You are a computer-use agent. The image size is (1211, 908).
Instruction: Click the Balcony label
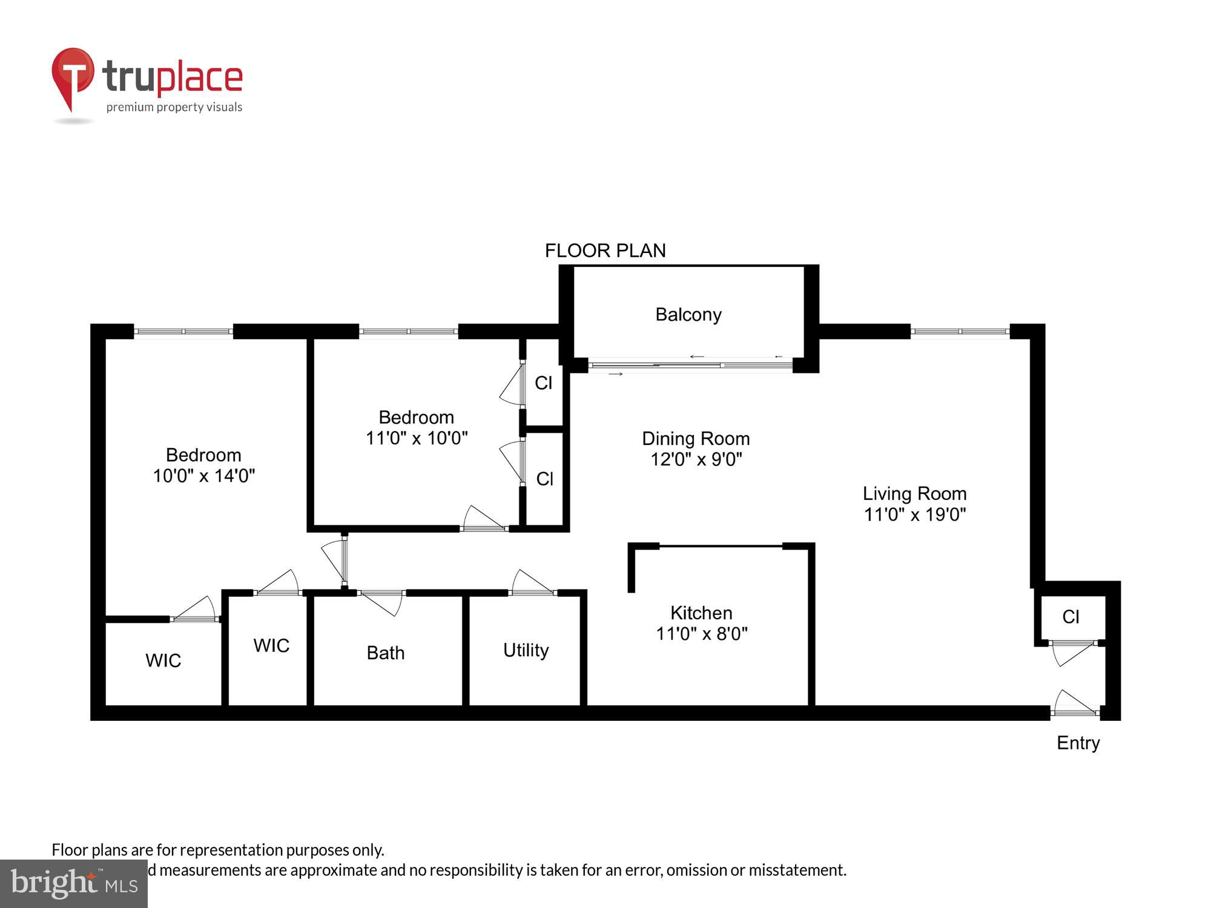coord(688,315)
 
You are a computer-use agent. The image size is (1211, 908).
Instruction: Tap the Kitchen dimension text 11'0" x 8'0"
coord(702,634)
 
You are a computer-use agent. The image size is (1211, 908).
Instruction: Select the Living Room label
coord(914,493)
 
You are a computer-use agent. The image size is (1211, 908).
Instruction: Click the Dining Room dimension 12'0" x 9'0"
coord(696,459)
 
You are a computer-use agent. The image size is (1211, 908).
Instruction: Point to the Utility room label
coord(526,650)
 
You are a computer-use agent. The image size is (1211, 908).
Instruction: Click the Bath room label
coord(386,653)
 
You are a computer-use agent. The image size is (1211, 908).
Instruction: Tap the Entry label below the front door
coord(1078,743)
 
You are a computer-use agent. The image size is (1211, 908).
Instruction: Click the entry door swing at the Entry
coord(1075,703)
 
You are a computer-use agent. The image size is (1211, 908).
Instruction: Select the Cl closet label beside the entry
coord(1071,617)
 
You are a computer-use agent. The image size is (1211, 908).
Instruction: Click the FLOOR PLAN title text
coord(605,251)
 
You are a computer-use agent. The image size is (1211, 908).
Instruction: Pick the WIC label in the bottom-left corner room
coord(163,660)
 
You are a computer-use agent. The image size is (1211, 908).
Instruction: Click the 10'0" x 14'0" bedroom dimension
coord(203,476)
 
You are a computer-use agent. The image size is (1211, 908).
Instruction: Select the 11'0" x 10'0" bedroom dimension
coord(417,438)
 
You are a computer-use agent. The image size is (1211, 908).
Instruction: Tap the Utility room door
coord(532,584)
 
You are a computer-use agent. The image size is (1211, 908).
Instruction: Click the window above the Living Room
coord(960,331)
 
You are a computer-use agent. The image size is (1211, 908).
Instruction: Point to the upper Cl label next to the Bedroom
coord(544,383)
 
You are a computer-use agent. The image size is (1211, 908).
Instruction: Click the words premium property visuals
coord(174,107)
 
